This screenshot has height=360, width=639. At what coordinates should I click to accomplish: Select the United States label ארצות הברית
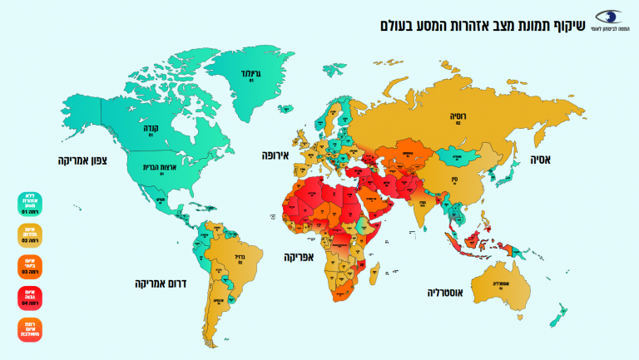[151, 167]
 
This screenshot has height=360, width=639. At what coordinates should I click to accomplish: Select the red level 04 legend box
[29, 297]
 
